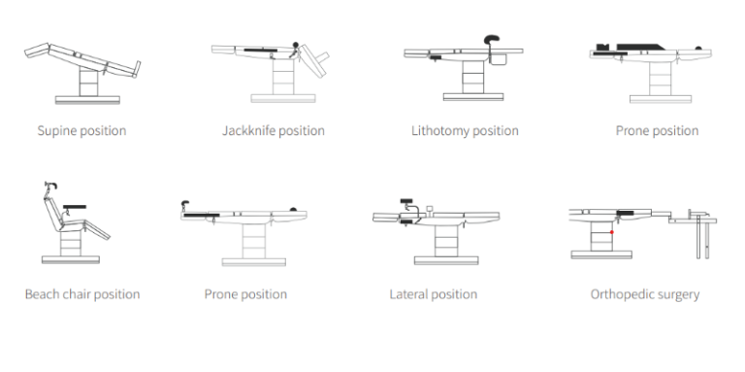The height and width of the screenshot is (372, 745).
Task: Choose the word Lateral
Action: [x=406, y=294]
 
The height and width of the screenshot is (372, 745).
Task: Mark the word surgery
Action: [x=680, y=295]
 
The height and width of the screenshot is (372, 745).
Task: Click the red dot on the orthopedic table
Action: [x=612, y=232]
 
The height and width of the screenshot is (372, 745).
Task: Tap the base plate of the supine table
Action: [x=87, y=99]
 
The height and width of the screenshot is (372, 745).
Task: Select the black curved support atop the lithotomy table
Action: [x=492, y=39]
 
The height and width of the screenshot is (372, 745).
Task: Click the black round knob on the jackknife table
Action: [x=296, y=45]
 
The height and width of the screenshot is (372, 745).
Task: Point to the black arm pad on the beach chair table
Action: [x=75, y=207]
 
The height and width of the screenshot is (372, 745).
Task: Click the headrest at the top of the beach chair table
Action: [x=50, y=185]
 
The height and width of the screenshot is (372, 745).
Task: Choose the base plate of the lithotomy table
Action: [x=473, y=97]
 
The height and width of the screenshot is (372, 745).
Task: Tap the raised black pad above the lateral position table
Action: [x=406, y=201]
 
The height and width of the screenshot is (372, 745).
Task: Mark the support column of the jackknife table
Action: [x=283, y=76]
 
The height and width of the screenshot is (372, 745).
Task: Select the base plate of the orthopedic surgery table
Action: [x=601, y=254]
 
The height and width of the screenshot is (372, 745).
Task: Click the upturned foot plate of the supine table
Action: [x=138, y=69]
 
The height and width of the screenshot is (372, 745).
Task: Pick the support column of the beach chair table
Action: [x=71, y=243]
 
